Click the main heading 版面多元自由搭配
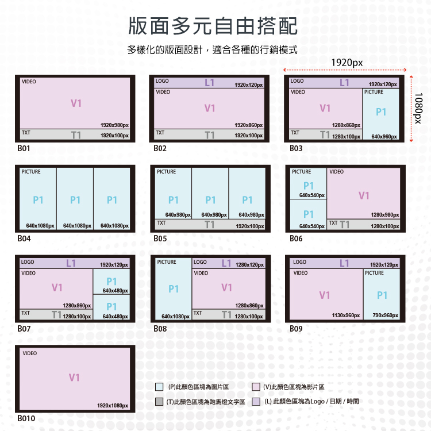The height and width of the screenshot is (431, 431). pyautogui.click(x=213, y=26)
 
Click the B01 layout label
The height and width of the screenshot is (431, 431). pyautogui.click(x=24, y=148)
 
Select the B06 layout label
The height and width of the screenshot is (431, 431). pyautogui.click(x=296, y=238)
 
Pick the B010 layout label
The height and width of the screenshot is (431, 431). pyautogui.click(x=26, y=418)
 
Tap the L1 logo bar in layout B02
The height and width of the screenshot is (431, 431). pyautogui.click(x=209, y=83)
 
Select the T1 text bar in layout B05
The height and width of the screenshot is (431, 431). pyautogui.click(x=210, y=225)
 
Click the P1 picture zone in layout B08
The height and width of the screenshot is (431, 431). pyautogui.click(x=174, y=288)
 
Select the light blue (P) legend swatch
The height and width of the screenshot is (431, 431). pyautogui.click(x=160, y=387)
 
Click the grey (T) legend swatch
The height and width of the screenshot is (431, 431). pyautogui.click(x=160, y=402)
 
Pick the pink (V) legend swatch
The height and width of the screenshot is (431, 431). pyautogui.click(x=256, y=387)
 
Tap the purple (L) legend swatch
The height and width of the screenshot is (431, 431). pyautogui.click(x=256, y=402)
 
